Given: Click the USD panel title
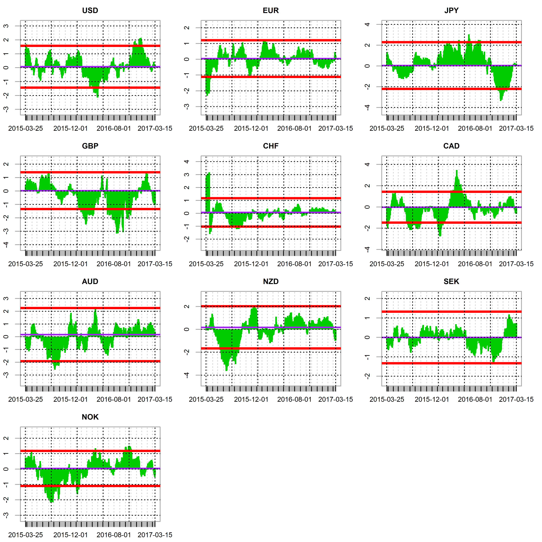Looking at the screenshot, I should click(90, 11).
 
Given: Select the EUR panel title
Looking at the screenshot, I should click(271, 11).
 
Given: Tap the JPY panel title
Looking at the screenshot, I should click(451, 11).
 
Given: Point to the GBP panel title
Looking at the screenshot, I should click(90, 146).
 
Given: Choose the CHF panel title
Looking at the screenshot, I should click(271, 146).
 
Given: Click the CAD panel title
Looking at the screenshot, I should click(451, 146).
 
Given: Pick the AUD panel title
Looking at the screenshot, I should click(90, 282).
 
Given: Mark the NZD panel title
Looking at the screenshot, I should click(271, 282).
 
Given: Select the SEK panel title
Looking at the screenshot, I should click(451, 282).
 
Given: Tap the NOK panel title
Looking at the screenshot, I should click(90, 417).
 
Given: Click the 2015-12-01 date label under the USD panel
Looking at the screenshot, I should click(70, 129).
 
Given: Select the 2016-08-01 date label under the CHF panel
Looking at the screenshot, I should click(294, 264).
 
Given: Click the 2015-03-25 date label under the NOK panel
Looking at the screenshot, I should click(26, 535).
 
